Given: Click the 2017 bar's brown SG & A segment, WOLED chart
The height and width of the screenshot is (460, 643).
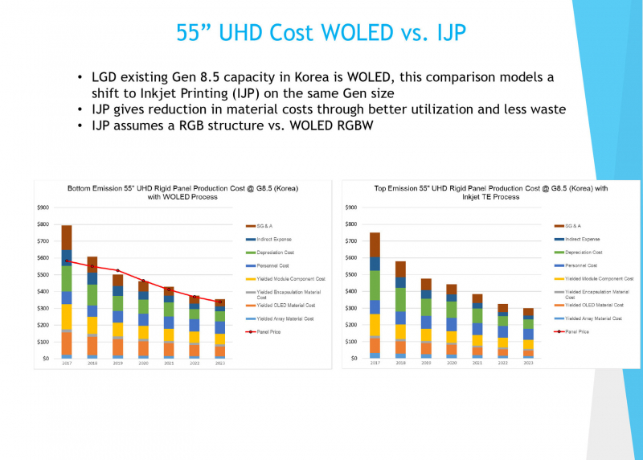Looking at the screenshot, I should [67, 237].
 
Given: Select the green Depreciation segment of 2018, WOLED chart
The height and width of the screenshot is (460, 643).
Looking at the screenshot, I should [92, 294].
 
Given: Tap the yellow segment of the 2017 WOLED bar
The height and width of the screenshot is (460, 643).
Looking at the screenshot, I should [67, 316].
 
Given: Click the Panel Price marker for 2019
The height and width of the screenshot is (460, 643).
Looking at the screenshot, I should [118, 271].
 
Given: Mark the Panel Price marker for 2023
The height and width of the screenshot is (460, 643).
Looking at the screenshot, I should [220, 302].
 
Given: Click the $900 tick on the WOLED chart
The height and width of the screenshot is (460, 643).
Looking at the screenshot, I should [43, 207].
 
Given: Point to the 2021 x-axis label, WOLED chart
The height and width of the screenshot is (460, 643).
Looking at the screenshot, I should [169, 363].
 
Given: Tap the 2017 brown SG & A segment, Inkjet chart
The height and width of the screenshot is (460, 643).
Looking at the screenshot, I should [375, 244].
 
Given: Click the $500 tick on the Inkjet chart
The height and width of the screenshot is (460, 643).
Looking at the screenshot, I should [350, 274].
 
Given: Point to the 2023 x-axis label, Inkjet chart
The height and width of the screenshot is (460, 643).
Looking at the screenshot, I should [528, 363].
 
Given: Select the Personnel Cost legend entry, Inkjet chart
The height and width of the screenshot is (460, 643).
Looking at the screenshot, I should [580, 265].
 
